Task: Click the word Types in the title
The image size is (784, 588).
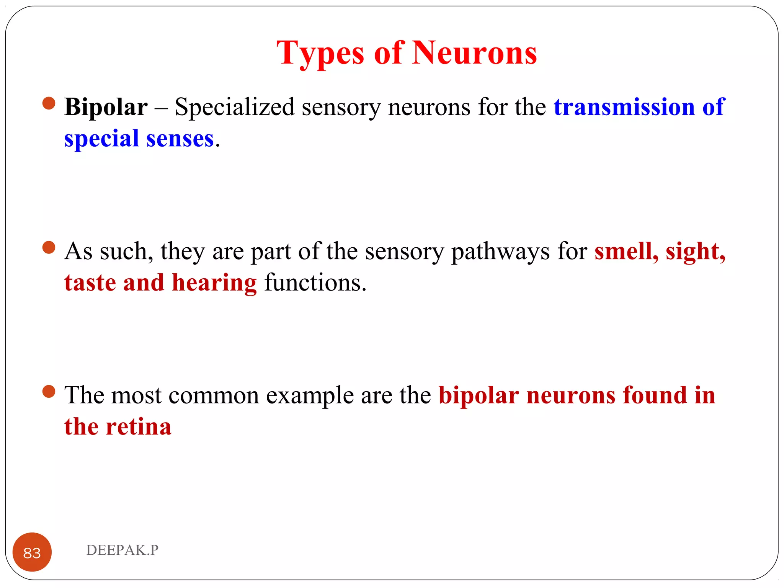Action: [x=320, y=54]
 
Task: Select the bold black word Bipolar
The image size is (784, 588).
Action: [x=106, y=107]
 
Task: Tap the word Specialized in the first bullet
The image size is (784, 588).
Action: [x=234, y=107]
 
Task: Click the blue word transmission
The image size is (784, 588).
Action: [x=624, y=107]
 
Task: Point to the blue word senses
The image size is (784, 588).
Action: [x=180, y=139]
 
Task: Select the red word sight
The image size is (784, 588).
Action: [x=695, y=252]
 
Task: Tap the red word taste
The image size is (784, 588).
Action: [x=90, y=283]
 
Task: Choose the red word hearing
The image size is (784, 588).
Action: [x=214, y=284]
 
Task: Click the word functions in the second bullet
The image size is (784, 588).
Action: [x=315, y=283]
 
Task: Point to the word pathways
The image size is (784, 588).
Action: [x=500, y=252]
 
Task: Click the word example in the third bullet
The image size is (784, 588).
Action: [x=310, y=395]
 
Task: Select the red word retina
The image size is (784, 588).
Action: [x=139, y=427]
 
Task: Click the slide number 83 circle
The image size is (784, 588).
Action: [x=32, y=552]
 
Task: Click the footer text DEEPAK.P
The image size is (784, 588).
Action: [x=122, y=550]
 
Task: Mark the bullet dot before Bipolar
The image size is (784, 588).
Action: [x=49, y=103]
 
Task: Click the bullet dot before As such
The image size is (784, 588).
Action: [x=49, y=247]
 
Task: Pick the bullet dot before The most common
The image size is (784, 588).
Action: [x=49, y=391]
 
